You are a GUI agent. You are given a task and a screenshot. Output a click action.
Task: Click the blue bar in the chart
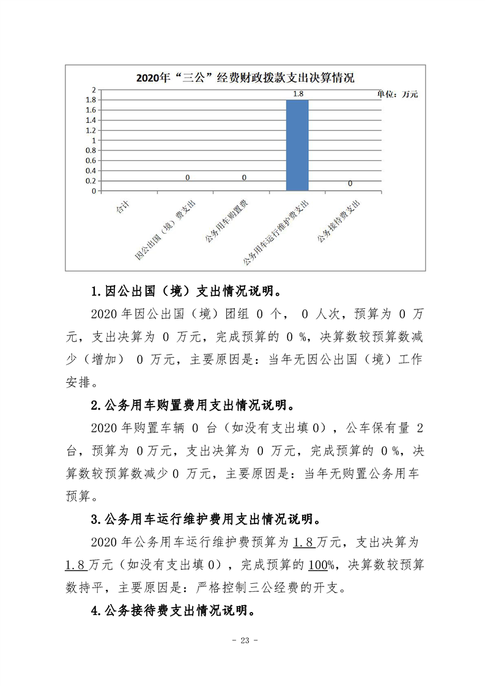[x=297, y=146]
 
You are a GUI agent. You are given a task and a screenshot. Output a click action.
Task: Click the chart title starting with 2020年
[x=245, y=78]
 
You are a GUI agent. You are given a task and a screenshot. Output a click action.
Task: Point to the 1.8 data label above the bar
[x=298, y=94]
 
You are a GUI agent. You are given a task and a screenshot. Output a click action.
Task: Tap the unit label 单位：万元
[x=397, y=94]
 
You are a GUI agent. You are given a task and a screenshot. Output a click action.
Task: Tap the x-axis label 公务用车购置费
[x=226, y=221]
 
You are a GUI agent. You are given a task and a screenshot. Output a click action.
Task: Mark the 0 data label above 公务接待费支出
[x=350, y=183]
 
